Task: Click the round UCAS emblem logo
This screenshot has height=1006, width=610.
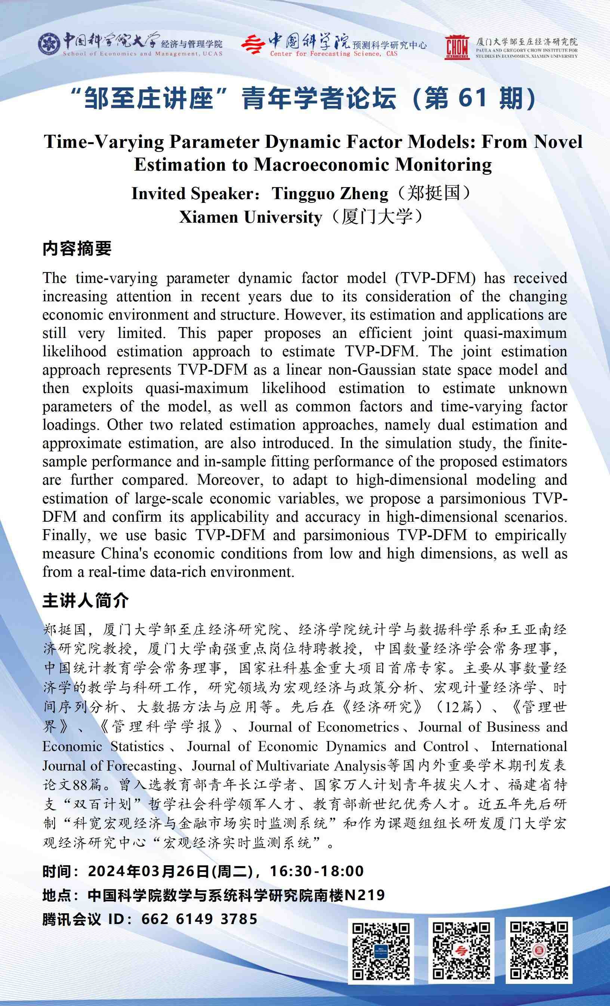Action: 49,44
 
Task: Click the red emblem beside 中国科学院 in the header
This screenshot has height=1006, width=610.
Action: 253,45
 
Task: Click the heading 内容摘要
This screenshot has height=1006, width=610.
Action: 77,249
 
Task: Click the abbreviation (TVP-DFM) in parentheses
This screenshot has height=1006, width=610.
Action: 435,278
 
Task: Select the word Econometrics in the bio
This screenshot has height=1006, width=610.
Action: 358,727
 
